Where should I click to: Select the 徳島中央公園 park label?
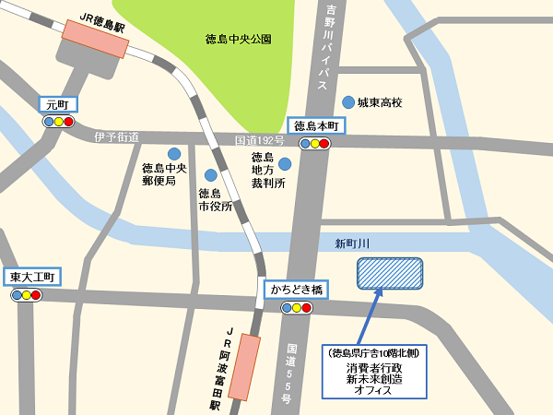click(238, 39)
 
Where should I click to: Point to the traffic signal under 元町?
click(57, 121)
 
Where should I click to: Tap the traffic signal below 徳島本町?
click(314, 143)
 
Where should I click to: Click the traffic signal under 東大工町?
click(28, 294)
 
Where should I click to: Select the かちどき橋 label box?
click(296, 290)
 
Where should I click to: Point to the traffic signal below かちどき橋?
click(296, 306)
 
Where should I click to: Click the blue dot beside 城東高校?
click(347, 101)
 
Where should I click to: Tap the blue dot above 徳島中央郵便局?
click(173, 153)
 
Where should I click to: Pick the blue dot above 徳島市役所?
click(211, 174)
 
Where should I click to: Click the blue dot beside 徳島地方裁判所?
click(286, 164)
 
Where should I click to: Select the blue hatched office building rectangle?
click(389, 274)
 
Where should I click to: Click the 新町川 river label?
click(351, 243)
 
